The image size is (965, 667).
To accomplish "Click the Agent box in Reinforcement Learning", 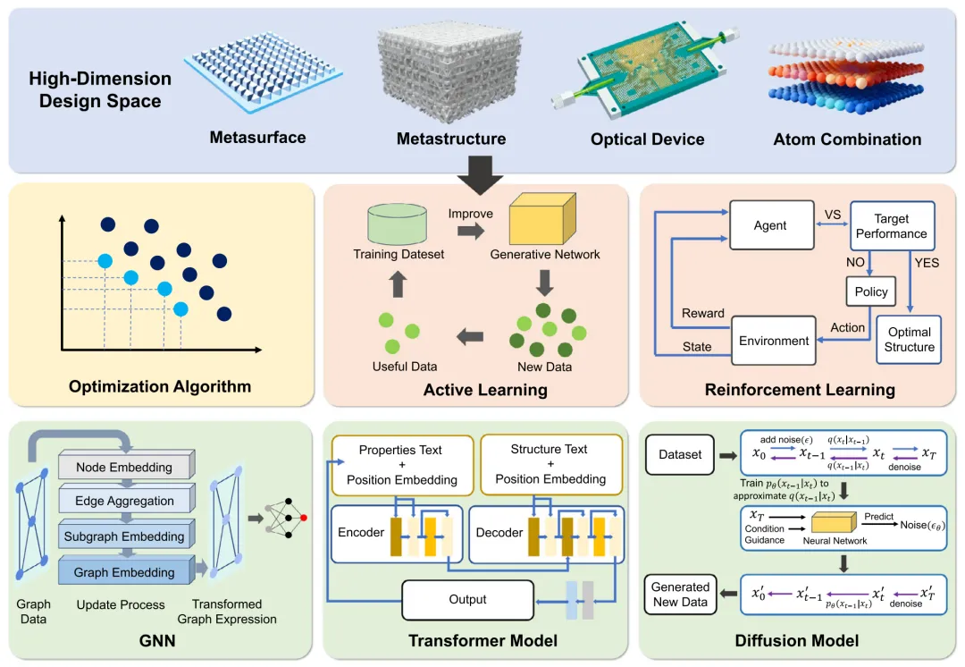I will pyautogui.click(x=769, y=225).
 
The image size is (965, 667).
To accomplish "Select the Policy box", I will pyautogui.click(x=871, y=291).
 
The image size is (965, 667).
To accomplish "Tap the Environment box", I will pyautogui.click(x=774, y=341).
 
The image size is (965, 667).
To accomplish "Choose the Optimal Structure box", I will pyautogui.click(x=909, y=339).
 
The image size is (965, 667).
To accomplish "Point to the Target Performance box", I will pyautogui.click(x=891, y=225).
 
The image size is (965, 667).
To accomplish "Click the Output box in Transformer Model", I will pyautogui.click(x=467, y=600).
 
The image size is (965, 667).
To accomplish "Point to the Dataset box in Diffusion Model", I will pyautogui.click(x=680, y=454).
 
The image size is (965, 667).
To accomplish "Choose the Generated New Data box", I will pyautogui.click(x=680, y=595).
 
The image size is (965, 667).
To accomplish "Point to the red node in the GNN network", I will pyautogui.click(x=304, y=518).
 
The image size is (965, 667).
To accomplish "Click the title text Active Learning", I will pyautogui.click(x=485, y=390).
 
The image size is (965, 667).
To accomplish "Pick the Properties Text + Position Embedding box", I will pyautogui.click(x=401, y=465).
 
